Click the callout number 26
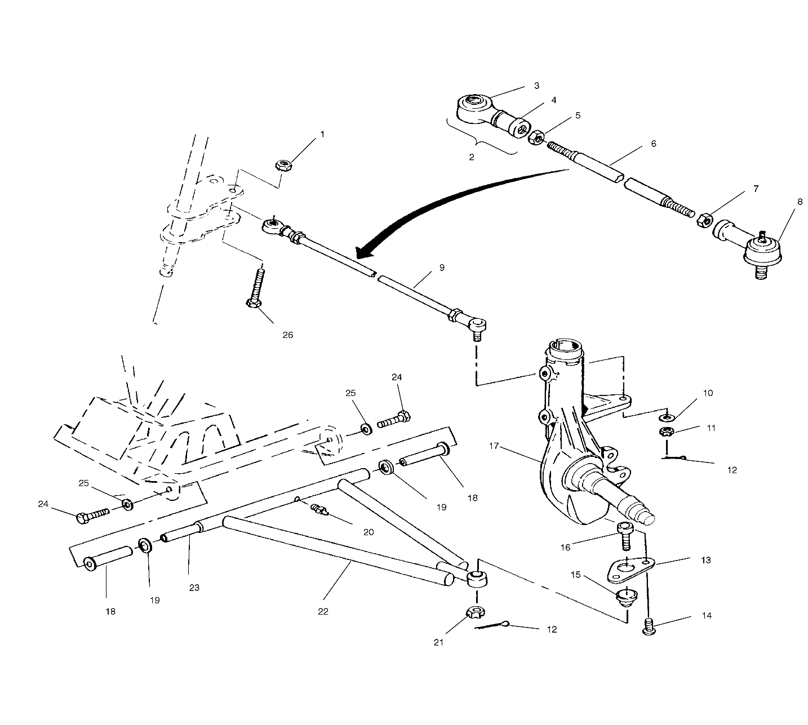click(x=287, y=335)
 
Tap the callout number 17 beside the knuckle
click(x=494, y=446)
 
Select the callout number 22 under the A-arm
click(x=323, y=611)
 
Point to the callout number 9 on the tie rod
click(x=441, y=268)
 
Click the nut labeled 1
click(x=282, y=166)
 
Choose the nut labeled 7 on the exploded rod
click(x=703, y=220)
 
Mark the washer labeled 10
click(x=667, y=417)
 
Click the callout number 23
click(x=194, y=587)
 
